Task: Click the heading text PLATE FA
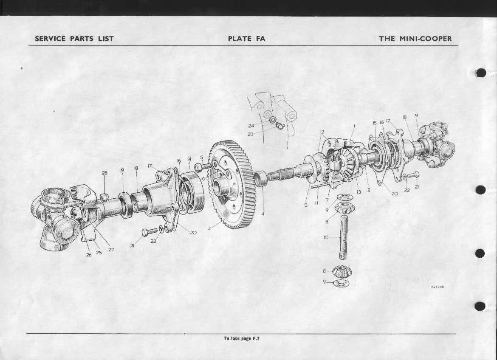pos(246,39)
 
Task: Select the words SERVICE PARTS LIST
pos(74,39)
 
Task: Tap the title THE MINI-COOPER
pos(415,39)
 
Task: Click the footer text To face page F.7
pos(242,338)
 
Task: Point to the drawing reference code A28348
pos(438,287)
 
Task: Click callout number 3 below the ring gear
pos(209,228)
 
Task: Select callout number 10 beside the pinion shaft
pos(326,237)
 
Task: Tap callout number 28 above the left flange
pos(104,173)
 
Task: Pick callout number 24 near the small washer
pos(251,126)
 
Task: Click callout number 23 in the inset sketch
pos(251,134)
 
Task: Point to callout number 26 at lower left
pos(89,255)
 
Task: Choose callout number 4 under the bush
pos(263,214)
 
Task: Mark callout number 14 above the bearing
pos(189,159)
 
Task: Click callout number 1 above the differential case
pos(354,126)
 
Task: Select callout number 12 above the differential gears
pos(322,132)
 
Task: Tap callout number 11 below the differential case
pos(316,203)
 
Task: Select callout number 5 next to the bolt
pos(202,157)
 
